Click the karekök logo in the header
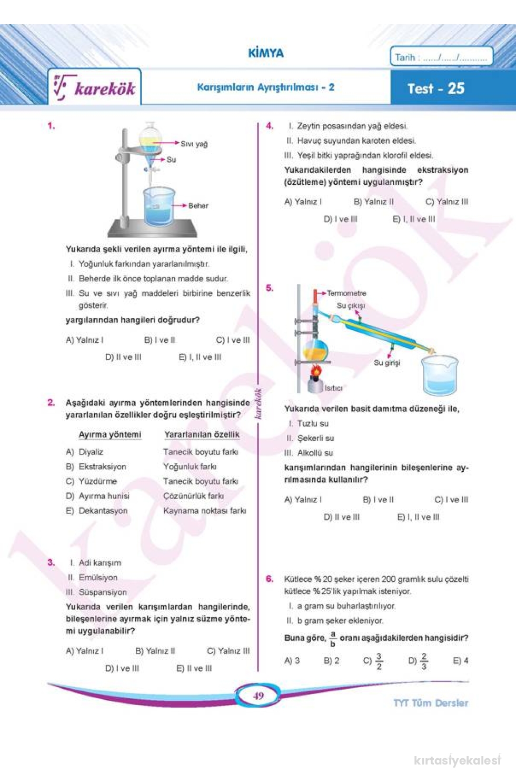point(95,88)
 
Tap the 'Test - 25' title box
point(435,88)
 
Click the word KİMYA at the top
point(266,53)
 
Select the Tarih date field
point(441,57)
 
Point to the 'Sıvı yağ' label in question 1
point(194,144)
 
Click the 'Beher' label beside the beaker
point(199,205)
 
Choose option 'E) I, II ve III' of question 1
point(200,357)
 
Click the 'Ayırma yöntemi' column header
point(110,434)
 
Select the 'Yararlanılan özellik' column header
point(202,434)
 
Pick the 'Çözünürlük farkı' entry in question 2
point(193,496)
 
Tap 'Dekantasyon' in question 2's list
point(103,511)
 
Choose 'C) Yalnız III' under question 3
point(228,651)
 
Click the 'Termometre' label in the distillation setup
point(346,293)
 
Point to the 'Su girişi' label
point(387,362)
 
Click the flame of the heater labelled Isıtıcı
point(315,372)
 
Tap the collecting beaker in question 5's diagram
point(440,375)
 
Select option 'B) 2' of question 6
point(331,660)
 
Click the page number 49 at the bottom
point(258,696)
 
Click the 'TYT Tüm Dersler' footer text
point(431,703)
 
